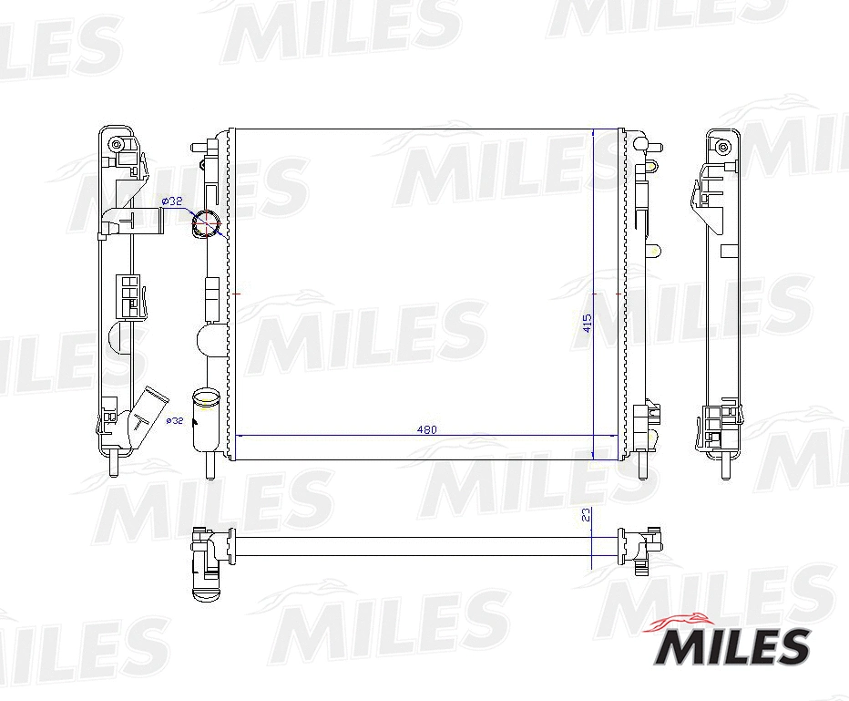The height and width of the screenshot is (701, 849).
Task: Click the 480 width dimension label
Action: pyautogui.click(x=426, y=429)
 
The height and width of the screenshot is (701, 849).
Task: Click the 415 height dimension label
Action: pyautogui.click(x=588, y=324)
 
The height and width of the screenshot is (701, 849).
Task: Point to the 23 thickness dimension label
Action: pyautogui.click(x=587, y=515)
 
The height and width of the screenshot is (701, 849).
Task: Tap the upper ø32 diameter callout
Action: pyautogui.click(x=172, y=201)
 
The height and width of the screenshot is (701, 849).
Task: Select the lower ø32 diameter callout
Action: pyautogui.click(x=175, y=420)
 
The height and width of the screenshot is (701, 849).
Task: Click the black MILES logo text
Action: pyautogui.click(x=731, y=647)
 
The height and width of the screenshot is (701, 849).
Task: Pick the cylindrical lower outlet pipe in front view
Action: pyautogui.click(x=205, y=420)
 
